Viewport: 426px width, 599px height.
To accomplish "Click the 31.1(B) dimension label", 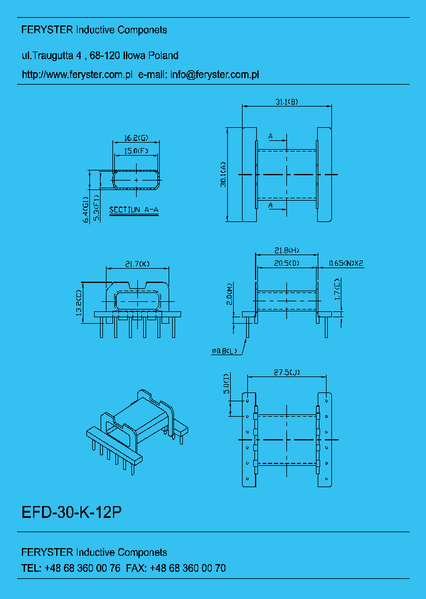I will [x=286, y=102].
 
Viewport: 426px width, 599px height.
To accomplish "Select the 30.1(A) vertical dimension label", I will [x=223, y=174].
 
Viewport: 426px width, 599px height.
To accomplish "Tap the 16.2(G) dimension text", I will [x=135, y=138].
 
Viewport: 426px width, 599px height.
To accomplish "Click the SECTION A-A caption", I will [x=134, y=210].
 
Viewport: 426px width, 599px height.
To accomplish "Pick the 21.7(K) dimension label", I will [x=137, y=263].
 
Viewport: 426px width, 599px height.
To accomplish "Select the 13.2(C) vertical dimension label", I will [x=79, y=304].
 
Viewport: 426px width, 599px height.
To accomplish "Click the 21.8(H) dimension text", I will [x=287, y=251].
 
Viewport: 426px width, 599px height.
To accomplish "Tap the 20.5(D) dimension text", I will [x=286, y=262].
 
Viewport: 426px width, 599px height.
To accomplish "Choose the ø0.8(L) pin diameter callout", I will [x=224, y=352].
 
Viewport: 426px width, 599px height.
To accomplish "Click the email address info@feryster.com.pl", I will [x=215, y=75].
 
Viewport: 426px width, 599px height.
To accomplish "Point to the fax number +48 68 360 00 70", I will [x=188, y=568].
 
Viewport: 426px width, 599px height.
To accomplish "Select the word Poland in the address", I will [x=163, y=56].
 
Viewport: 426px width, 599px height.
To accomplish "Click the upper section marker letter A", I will [x=270, y=137].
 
